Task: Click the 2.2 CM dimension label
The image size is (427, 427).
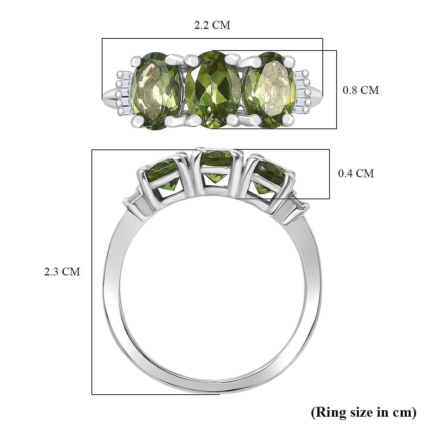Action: tap(212, 25)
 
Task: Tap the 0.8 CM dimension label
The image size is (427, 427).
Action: tap(360, 90)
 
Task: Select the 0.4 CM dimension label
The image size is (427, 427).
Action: tap(356, 174)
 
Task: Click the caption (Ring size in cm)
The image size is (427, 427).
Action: tap(363, 412)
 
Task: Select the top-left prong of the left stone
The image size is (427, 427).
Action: tap(137, 59)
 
